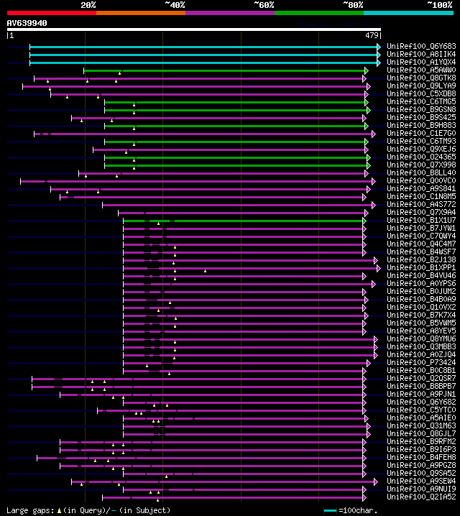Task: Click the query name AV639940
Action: click(x=27, y=23)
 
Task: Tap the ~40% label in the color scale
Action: click(x=175, y=5)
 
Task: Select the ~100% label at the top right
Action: click(x=439, y=5)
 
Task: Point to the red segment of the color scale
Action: click(x=51, y=13)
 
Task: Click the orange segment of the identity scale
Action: click(x=140, y=13)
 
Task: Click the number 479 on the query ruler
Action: click(x=372, y=34)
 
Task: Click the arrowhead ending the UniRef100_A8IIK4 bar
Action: click(x=378, y=54)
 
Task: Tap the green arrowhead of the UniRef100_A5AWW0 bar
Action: click(x=365, y=70)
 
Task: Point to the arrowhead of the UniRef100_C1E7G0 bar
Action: click(x=373, y=133)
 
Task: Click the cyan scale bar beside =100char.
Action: click(x=330, y=510)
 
